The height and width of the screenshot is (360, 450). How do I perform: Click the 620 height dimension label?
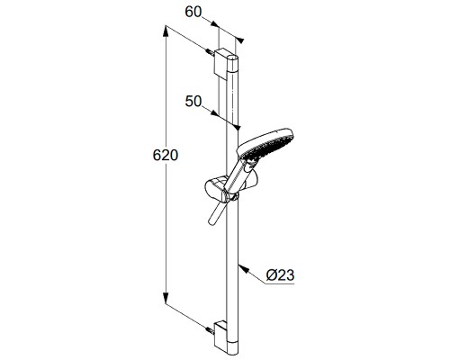tap(166, 156)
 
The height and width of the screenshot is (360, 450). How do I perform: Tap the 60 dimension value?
tap(193, 13)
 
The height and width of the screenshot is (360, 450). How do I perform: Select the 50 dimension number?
tap(193, 102)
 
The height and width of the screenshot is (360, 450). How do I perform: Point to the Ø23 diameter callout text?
tap(280, 275)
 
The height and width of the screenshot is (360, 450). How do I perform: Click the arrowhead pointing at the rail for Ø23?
tap(244, 269)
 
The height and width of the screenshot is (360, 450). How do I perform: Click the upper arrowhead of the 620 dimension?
tap(166, 31)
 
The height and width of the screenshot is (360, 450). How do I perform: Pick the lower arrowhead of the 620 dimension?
tap(166, 299)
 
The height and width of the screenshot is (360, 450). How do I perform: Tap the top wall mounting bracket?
tap(222, 64)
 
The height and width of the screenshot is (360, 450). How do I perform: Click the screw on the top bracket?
tap(210, 52)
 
